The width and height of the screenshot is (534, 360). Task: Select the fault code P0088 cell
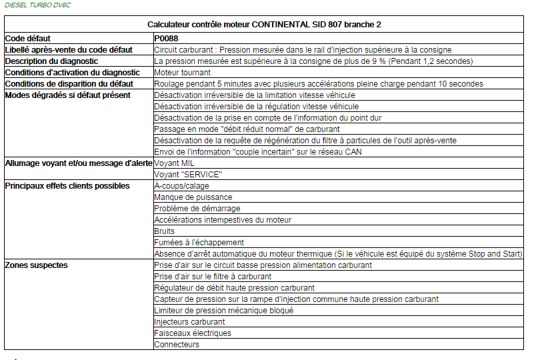click(x=165, y=39)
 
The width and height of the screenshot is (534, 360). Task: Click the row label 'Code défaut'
click(x=27, y=39)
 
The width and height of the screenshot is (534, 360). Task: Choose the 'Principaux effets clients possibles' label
click(x=67, y=186)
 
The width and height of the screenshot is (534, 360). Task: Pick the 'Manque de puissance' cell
click(x=193, y=197)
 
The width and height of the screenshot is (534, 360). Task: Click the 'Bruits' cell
click(x=164, y=231)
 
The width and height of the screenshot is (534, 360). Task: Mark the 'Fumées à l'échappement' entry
click(x=199, y=243)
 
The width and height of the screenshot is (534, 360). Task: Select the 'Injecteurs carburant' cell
click(x=189, y=322)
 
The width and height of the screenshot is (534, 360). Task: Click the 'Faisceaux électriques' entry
click(x=193, y=333)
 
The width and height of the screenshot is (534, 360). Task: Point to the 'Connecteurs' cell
click(x=177, y=345)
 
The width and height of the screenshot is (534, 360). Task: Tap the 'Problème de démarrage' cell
click(x=197, y=209)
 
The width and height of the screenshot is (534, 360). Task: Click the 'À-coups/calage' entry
click(x=182, y=186)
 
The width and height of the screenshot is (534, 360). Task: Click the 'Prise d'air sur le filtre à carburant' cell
click(x=213, y=277)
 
